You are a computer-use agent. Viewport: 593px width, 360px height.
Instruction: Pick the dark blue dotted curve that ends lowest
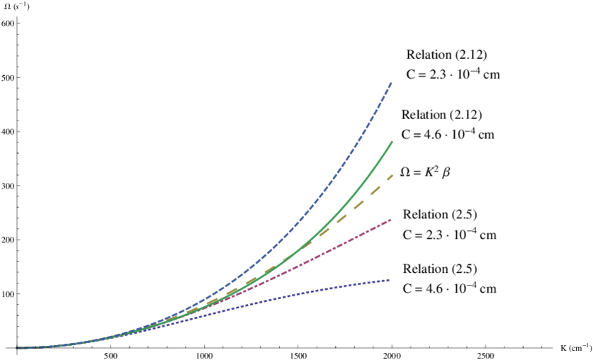[x=354, y=287]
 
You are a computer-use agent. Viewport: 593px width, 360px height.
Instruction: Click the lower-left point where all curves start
[x=18, y=348]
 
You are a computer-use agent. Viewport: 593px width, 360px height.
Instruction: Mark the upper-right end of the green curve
[x=392, y=142]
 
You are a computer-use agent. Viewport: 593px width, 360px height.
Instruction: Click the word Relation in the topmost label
[x=429, y=55]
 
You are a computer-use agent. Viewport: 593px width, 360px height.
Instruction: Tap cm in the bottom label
[x=487, y=288]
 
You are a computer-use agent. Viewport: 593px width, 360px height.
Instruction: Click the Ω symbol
[x=405, y=172]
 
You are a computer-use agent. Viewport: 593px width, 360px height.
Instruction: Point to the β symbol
[x=446, y=173]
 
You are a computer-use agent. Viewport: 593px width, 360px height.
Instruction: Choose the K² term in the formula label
[x=430, y=171]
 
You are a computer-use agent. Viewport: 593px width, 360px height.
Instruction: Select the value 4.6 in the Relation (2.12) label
[x=430, y=133]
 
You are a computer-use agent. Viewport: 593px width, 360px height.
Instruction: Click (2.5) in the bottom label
[x=464, y=269]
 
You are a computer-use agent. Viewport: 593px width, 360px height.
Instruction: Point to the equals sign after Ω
[x=416, y=173]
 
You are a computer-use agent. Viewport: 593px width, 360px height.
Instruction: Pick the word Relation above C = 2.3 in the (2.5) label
[x=426, y=215]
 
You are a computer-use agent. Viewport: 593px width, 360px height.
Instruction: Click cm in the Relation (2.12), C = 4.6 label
[x=486, y=133]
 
